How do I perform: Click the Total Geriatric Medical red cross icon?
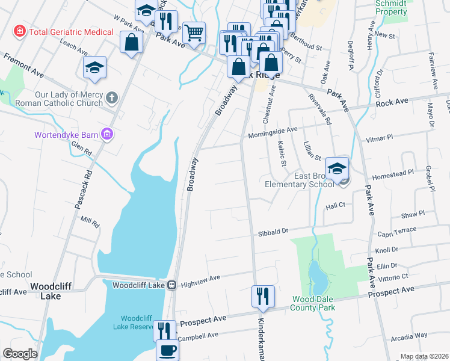point(20,30)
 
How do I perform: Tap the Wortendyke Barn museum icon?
point(108,133)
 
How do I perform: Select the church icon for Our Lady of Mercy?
point(111,97)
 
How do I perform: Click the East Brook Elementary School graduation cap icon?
point(337,168)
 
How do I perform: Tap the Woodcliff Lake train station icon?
point(171,285)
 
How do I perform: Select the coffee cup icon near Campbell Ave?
point(167,350)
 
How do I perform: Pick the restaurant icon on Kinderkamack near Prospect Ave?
point(263,296)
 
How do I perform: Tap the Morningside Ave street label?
point(273,130)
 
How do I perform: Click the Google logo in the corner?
point(20,354)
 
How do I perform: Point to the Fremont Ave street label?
point(23,66)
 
